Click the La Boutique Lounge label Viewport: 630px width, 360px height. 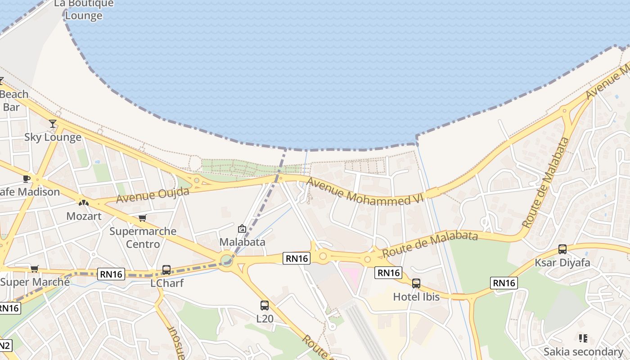tap(84, 9)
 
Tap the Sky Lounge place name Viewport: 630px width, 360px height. tap(53, 137)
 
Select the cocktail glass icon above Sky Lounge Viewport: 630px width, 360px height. tap(53, 124)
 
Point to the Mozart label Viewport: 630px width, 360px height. tap(84, 216)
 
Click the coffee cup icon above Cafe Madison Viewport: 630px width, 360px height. tap(27, 179)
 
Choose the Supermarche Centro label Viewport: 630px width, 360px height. tap(143, 238)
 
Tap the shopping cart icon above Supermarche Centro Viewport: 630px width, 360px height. tap(143, 218)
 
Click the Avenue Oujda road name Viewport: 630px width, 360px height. tap(153, 195)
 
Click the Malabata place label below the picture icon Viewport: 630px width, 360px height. tap(242, 242)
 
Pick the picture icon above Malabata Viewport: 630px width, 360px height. tap(242, 229)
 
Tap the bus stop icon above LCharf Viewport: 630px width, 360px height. tap(166, 270)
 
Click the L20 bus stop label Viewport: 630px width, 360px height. tap(265, 319)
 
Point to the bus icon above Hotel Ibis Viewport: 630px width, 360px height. tap(416, 283)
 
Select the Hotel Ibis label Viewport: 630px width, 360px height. tap(416, 297)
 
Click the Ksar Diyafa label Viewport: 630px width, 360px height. tap(562, 263)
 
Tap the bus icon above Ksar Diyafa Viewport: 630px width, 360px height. tap(562, 249)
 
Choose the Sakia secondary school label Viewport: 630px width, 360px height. tap(583, 351)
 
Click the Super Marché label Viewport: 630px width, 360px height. tap(35, 282)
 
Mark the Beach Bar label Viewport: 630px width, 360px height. tap(13, 100)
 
